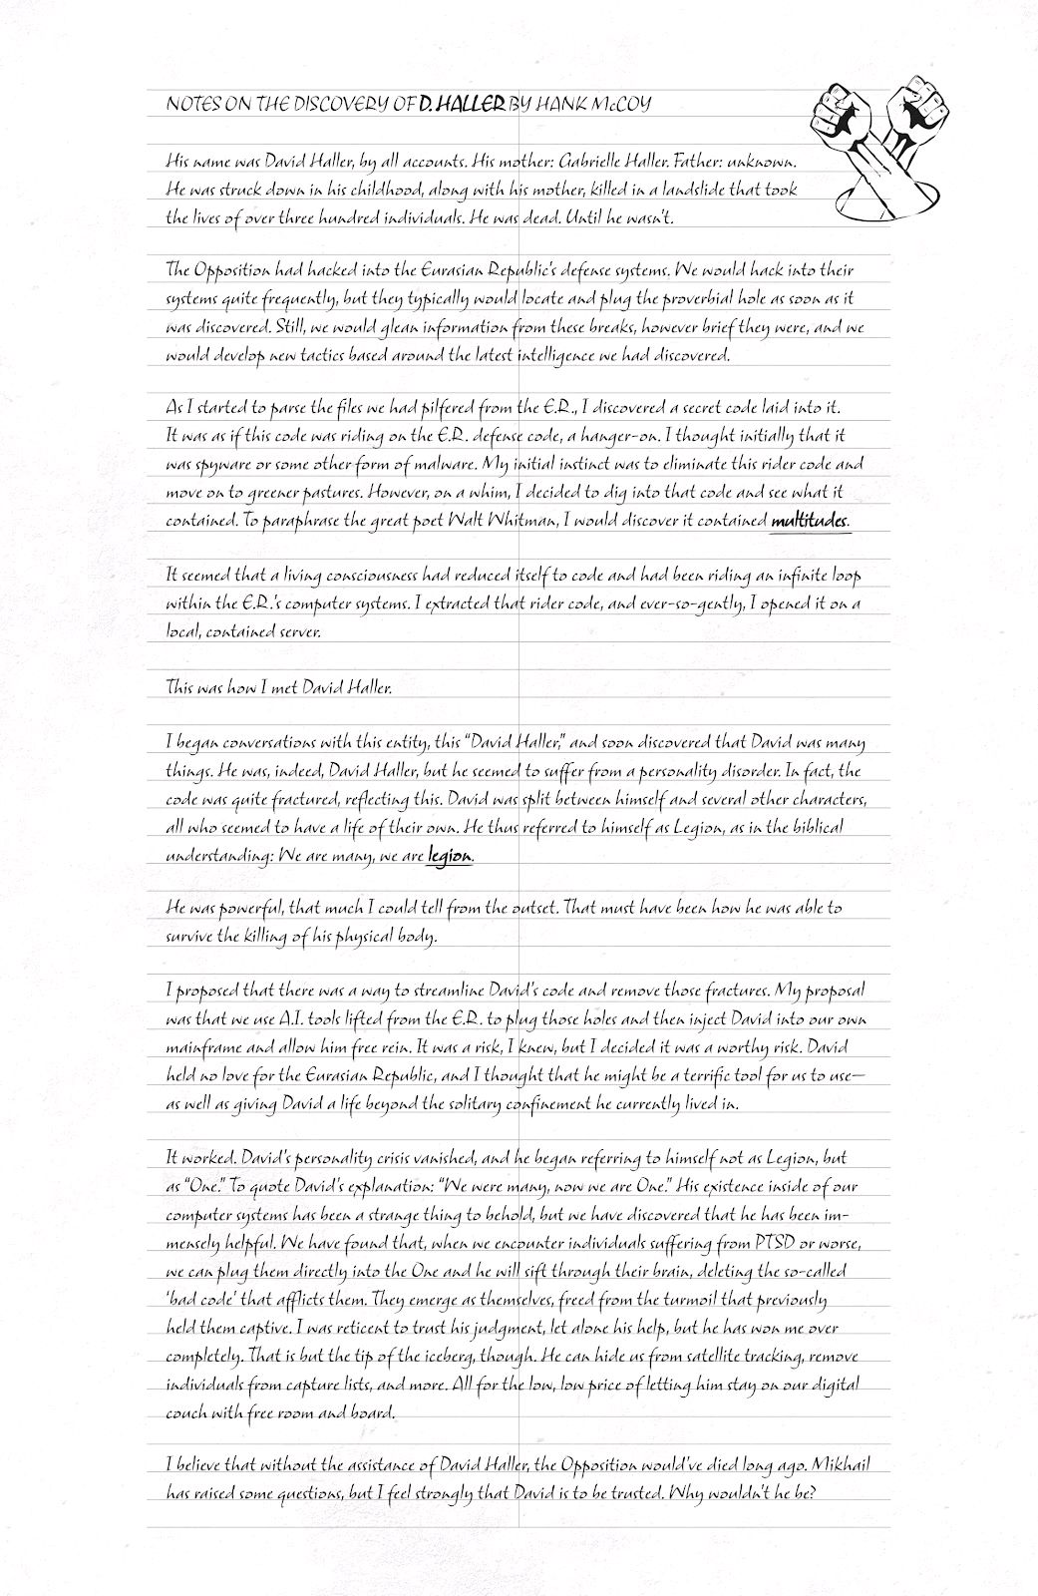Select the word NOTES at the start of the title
(192, 103)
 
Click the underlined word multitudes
(810, 520)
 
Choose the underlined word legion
(449, 855)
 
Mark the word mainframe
(197, 1048)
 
